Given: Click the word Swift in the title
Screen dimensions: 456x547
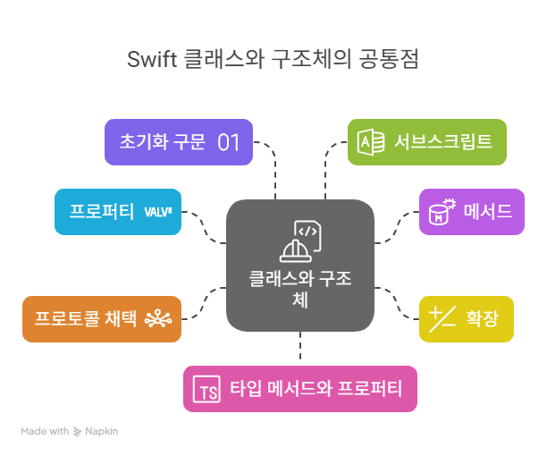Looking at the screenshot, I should pyautogui.click(x=151, y=60).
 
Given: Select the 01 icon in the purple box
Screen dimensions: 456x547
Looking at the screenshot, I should pyautogui.click(x=229, y=142).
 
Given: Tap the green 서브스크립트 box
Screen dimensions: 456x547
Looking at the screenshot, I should pyautogui.click(x=426, y=142).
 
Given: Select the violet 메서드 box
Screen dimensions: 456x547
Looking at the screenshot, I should pyautogui.click(x=471, y=212).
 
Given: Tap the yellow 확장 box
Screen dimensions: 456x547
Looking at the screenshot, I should pyautogui.click(x=467, y=318).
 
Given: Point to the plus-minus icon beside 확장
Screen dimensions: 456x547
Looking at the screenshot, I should pyautogui.click(x=442, y=317).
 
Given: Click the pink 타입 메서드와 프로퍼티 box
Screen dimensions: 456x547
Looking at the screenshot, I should pyautogui.click(x=299, y=389).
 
